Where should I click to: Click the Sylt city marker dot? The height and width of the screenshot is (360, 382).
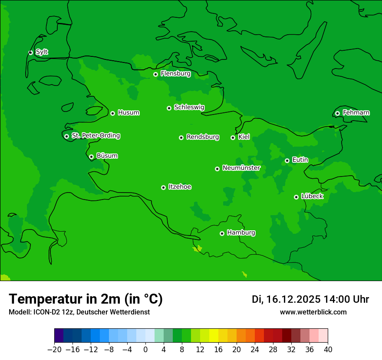coord(30,52)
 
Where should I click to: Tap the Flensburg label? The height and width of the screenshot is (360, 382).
coord(175,74)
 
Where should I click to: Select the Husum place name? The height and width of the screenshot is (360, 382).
coord(128,113)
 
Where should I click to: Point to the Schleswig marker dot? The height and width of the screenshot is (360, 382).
coord(169,108)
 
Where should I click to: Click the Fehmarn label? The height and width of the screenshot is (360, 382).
coord(356,113)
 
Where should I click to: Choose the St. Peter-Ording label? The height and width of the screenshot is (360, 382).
coord(95,136)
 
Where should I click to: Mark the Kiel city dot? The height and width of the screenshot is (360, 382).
coord(233,137)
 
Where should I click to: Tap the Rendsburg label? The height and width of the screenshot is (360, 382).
coord(203,137)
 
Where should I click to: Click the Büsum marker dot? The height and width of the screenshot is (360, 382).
coord(91,157)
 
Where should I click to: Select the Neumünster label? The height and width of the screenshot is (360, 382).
coord(241,168)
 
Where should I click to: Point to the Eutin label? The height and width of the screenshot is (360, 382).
coord(300,160)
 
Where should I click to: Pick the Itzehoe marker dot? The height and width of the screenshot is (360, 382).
coord(163,187)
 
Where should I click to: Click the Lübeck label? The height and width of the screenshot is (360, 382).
coord(312,196)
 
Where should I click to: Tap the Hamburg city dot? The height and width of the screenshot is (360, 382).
coord(222,233)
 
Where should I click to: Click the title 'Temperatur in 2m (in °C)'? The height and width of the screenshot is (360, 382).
coord(86,299)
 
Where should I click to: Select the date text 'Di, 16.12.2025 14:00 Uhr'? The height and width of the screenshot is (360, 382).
coord(310,299)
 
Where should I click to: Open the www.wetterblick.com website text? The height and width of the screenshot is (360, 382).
coord(313,312)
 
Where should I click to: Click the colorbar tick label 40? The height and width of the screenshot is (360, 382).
coord(328,350)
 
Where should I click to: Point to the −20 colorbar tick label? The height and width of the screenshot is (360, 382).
coord(54,350)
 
